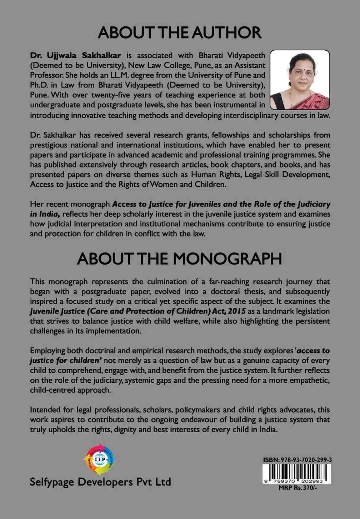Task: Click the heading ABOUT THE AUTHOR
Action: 180,33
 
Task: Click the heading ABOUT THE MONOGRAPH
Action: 180,259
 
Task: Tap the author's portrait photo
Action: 300,80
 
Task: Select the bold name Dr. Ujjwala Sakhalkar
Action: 76,55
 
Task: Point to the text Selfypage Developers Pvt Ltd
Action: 100,482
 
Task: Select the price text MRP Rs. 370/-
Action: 297,488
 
